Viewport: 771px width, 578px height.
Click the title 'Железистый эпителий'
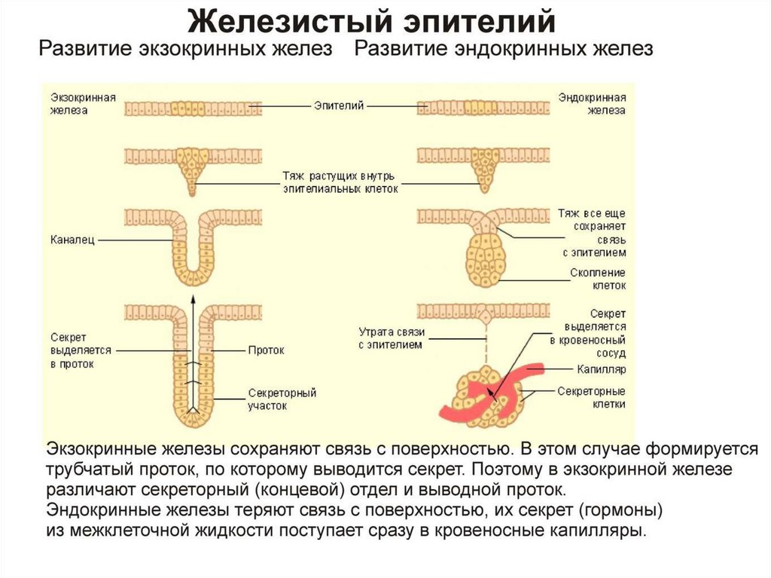pyautogui.click(x=372, y=21)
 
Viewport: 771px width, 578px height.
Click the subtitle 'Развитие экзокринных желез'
pyautogui.click(x=185, y=49)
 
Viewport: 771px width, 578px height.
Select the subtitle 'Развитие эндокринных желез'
pyautogui.click(x=504, y=49)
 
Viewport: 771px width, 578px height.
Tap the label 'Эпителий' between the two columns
pyautogui.click(x=339, y=106)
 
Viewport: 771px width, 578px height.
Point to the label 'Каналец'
pyautogui.click(x=72, y=240)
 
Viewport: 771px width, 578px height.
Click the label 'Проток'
pyautogui.click(x=267, y=350)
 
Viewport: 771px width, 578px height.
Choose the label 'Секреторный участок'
pyautogui.click(x=282, y=399)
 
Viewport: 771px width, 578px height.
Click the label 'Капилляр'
pyautogui.click(x=602, y=369)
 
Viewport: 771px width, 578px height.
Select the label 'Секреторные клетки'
pyautogui.click(x=592, y=397)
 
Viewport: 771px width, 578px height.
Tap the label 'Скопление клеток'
pyautogui.click(x=598, y=279)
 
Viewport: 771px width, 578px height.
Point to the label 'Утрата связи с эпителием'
pyautogui.click(x=392, y=338)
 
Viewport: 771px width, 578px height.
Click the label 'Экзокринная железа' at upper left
pyautogui.click(x=83, y=104)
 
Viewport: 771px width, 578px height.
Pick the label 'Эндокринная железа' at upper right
pyautogui.click(x=592, y=104)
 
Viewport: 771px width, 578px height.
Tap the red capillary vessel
pyautogui.click(x=492, y=394)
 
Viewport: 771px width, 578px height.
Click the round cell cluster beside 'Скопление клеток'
pyautogui.click(x=486, y=259)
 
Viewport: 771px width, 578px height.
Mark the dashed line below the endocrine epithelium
pyautogui.click(x=486, y=344)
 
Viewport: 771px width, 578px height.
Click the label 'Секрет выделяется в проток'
pyautogui.click(x=81, y=350)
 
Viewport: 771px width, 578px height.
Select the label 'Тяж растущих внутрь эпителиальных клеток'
pyautogui.click(x=340, y=182)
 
